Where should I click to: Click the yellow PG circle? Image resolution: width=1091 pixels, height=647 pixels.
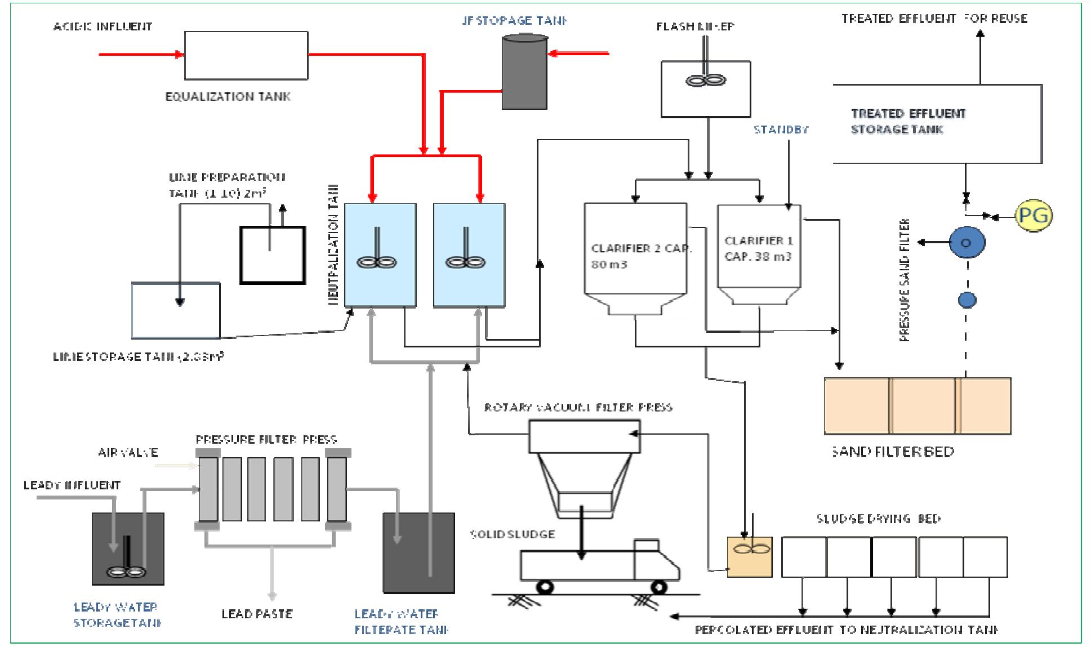(x=1034, y=215)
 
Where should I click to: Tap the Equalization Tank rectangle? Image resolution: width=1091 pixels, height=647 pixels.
(x=246, y=55)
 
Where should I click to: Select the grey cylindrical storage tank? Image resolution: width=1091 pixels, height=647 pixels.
(x=524, y=72)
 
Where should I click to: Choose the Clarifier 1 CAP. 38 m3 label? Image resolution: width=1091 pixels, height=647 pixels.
(x=758, y=248)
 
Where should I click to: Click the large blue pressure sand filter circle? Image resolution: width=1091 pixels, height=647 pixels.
(x=967, y=243)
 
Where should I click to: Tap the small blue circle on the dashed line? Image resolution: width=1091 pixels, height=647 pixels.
(x=967, y=300)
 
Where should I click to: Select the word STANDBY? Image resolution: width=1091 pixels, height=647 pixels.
(x=781, y=130)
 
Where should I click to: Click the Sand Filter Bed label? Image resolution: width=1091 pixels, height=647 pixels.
(x=892, y=451)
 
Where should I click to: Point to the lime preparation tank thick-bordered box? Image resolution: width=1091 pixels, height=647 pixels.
(x=273, y=255)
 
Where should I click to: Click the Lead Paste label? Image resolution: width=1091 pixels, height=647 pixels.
(x=257, y=613)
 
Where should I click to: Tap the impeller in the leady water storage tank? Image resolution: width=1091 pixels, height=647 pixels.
(x=127, y=572)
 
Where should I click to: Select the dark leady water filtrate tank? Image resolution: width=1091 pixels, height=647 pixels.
(x=418, y=552)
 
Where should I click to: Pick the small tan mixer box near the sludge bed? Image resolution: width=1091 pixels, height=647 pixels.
(x=749, y=556)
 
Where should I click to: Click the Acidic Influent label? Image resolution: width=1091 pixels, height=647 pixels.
(x=103, y=26)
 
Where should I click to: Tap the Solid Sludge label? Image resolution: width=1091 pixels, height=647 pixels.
(x=513, y=533)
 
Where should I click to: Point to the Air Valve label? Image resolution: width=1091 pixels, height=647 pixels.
(x=128, y=452)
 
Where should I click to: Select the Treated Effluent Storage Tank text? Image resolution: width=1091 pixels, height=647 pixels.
(x=908, y=121)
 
